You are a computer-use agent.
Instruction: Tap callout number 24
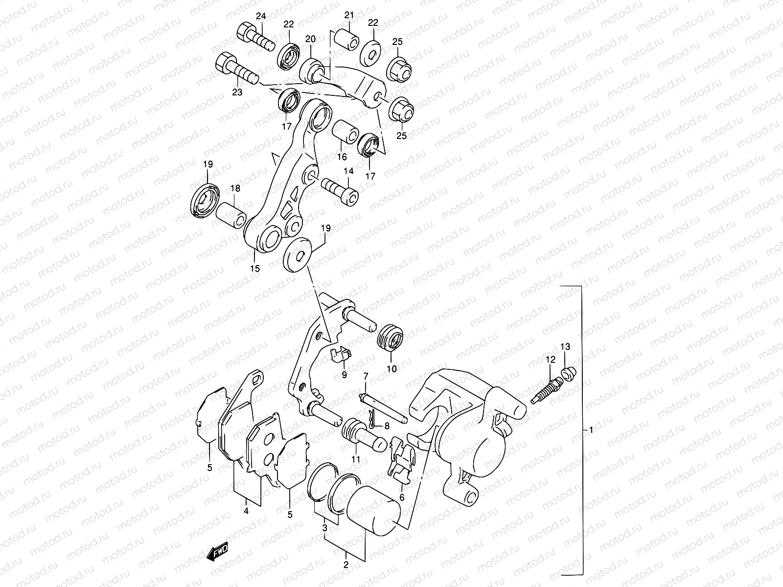[260, 17]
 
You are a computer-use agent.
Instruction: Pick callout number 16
[342, 157]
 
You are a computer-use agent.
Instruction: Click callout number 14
[348, 171]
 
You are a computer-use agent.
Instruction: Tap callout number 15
[254, 268]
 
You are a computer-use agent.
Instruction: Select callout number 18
[234, 188]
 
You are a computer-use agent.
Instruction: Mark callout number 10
[391, 368]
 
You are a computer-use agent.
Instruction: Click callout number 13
[565, 347]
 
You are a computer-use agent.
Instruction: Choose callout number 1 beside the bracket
[591, 430]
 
